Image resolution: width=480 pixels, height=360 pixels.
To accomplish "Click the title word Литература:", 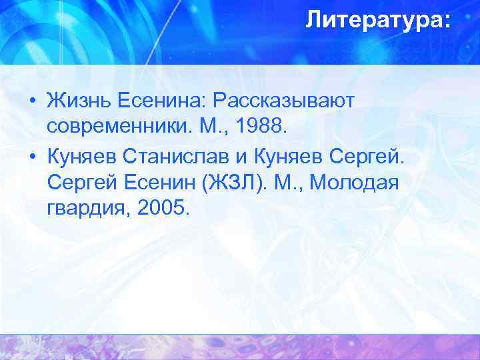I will (378, 21).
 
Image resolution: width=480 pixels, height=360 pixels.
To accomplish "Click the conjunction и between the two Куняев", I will (244, 156).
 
